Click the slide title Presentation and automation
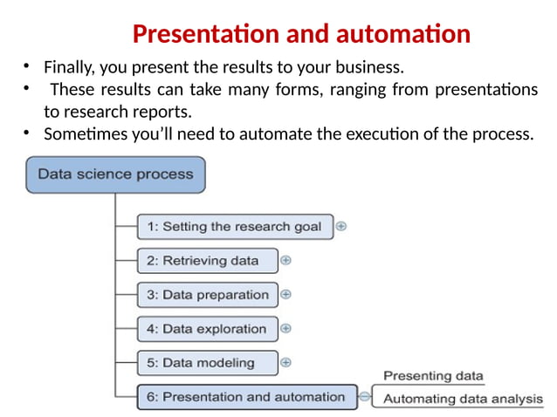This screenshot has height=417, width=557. (301, 35)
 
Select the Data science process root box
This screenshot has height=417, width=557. (115, 174)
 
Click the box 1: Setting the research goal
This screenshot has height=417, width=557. (234, 227)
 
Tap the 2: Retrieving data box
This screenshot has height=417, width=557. (208, 260)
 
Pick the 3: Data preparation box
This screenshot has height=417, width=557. (208, 295)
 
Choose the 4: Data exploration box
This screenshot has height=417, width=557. (208, 329)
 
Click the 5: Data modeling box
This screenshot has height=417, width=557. (208, 363)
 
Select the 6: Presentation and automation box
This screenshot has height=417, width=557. (246, 397)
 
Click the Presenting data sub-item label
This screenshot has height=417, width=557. (433, 376)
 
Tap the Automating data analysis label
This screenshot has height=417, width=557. (463, 400)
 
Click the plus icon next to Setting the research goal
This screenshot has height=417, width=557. (341, 226)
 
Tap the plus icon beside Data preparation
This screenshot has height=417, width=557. (286, 295)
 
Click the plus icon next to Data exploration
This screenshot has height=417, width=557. (286, 329)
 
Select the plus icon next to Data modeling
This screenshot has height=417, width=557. (286, 362)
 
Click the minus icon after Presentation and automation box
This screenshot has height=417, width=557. (365, 397)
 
